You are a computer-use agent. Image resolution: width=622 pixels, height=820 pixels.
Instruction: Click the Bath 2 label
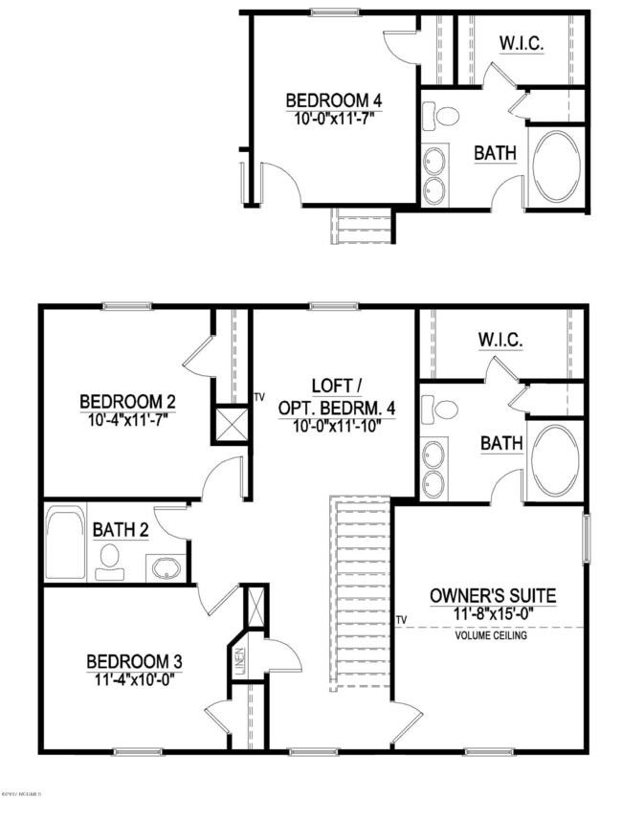coord(119,529)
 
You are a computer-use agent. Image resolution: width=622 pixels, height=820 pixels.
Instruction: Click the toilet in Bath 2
coord(110,556)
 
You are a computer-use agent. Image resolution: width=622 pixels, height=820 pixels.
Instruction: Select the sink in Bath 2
coord(167,565)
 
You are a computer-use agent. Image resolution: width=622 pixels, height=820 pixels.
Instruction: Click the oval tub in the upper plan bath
coord(556,166)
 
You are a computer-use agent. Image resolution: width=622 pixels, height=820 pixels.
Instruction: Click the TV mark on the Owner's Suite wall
coord(402,620)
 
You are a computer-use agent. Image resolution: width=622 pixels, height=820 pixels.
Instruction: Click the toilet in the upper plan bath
coord(446,117)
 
